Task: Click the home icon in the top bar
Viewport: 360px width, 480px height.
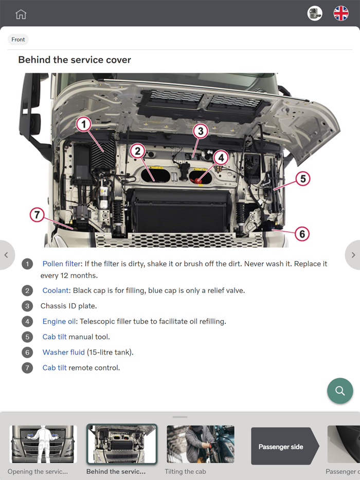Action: (x=21, y=14)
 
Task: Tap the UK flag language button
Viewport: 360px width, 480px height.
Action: (x=341, y=13)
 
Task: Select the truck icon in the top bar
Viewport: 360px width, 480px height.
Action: (x=315, y=13)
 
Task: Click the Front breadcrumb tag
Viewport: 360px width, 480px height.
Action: (x=18, y=40)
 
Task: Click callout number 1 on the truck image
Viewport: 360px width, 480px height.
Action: (x=83, y=124)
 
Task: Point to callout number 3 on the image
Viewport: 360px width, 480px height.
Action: (x=201, y=131)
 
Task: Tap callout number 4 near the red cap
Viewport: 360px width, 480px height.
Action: (x=221, y=157)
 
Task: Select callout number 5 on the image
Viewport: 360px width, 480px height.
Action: (x=302, y=178)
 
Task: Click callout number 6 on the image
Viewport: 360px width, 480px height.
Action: (x=302, y=234)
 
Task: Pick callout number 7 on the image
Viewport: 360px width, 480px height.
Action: (x=37, y=214)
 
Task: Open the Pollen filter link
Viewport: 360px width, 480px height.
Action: (x=61, y=264)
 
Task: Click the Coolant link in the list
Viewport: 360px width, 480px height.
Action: (x=56, y=290)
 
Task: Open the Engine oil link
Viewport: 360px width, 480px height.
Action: (x=59, y=321)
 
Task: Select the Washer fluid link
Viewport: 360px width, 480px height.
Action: (x=63, y=352)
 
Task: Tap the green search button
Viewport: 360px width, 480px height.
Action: (x=340, y=391)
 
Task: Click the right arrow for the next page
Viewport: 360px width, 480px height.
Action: (x=353, y=255)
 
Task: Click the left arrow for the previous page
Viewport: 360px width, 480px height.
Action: (x=6, y=255)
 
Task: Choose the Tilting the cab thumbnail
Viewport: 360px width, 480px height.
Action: (x=200, y=445)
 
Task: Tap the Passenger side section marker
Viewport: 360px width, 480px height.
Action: (x=281, y=447)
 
